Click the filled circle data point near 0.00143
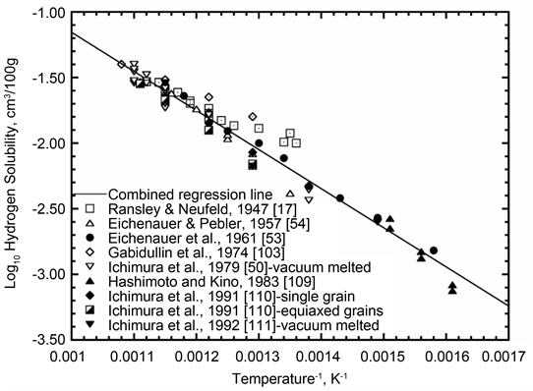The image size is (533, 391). tap(340, 198)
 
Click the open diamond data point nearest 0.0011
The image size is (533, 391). tap(121, 65)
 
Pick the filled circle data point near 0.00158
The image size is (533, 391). tap(434, 251)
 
